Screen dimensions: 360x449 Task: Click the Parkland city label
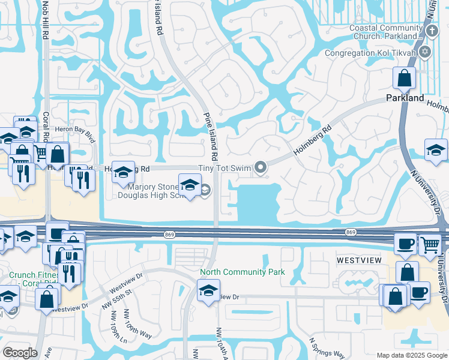(405, 98)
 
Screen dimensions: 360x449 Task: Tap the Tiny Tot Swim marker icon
(261, 168)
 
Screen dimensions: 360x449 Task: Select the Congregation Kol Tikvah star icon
(426, 53)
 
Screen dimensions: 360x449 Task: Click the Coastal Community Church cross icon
(432, 31)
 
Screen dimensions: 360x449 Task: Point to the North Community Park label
(242, 272)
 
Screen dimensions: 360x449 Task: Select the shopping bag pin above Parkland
(405, 78)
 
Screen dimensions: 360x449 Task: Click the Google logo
(20, 353)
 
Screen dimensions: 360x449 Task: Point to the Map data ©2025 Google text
(411, 355)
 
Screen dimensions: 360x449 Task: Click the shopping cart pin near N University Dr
(430, 245)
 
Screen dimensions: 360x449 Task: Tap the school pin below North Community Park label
(208, 292)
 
